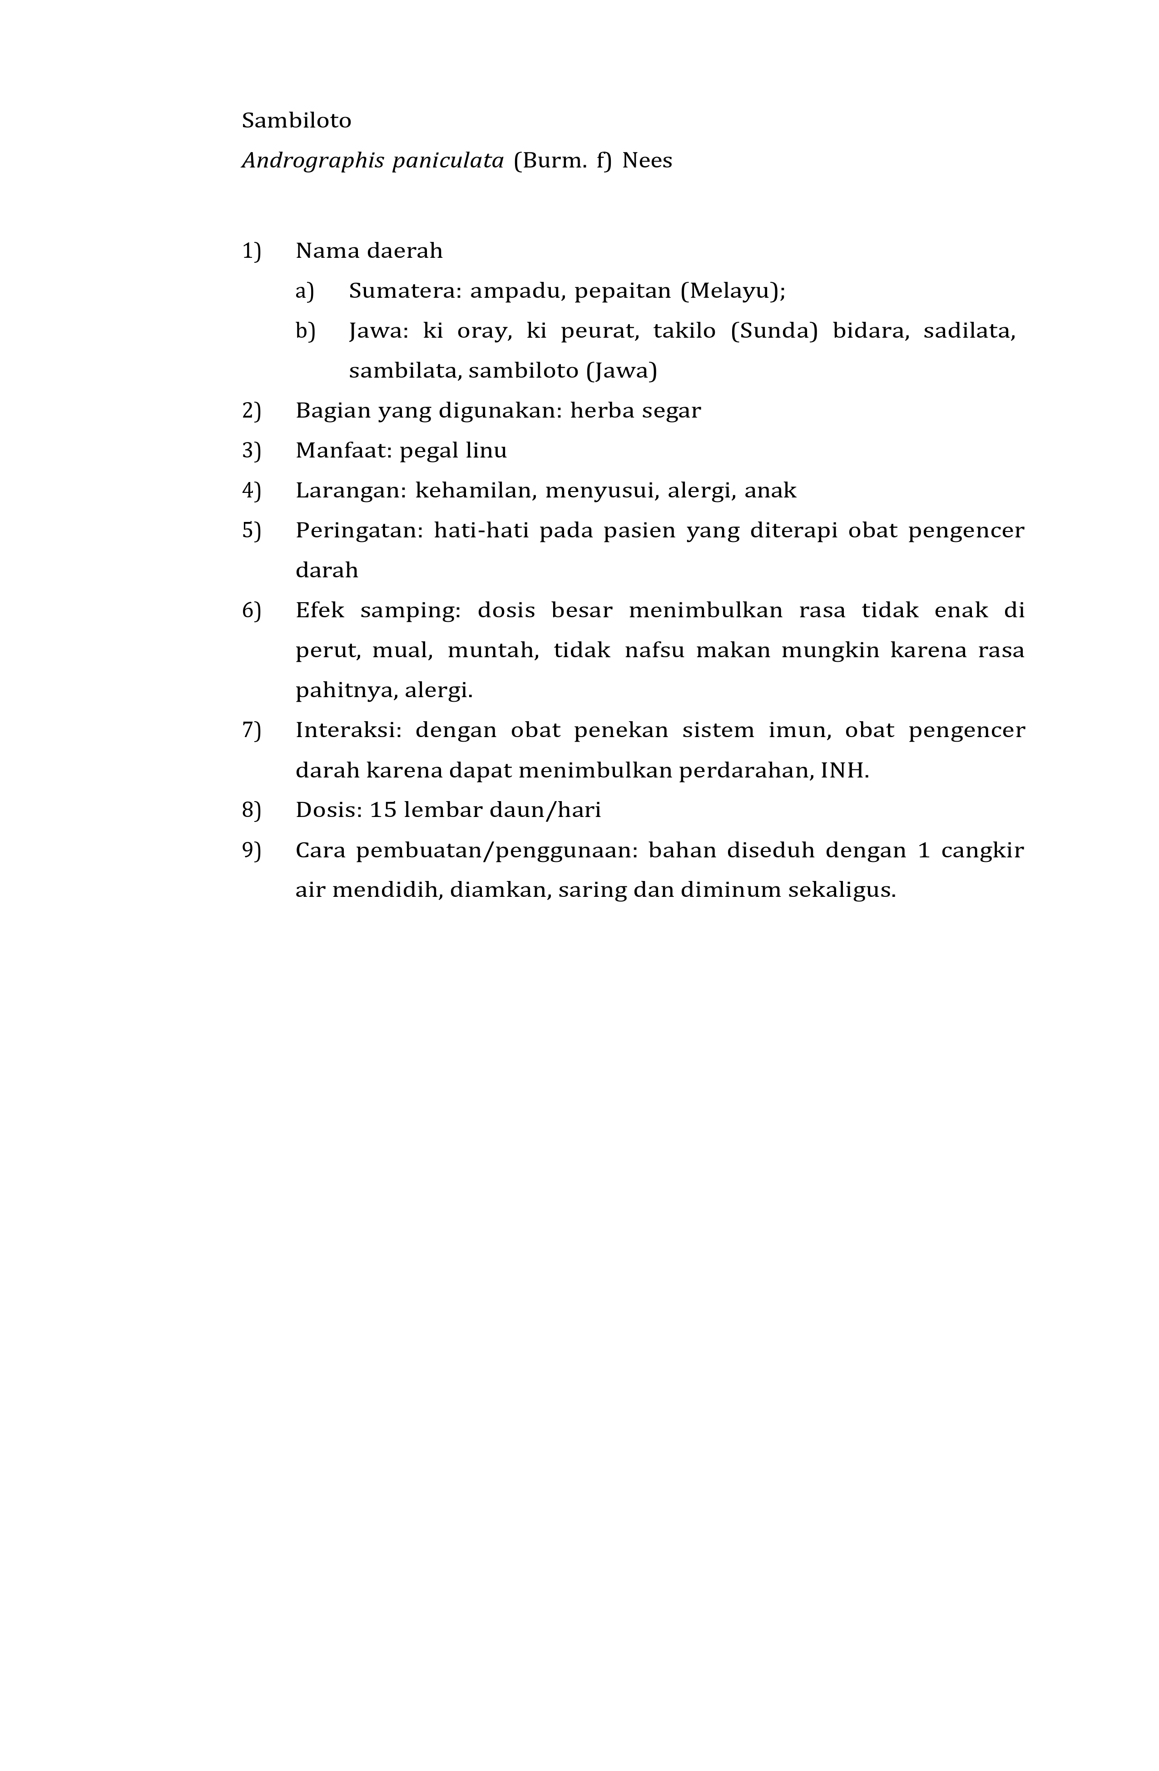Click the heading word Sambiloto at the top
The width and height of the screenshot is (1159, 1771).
(x=296, y=121)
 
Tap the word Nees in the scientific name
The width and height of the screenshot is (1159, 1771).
(x=646, y=161)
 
